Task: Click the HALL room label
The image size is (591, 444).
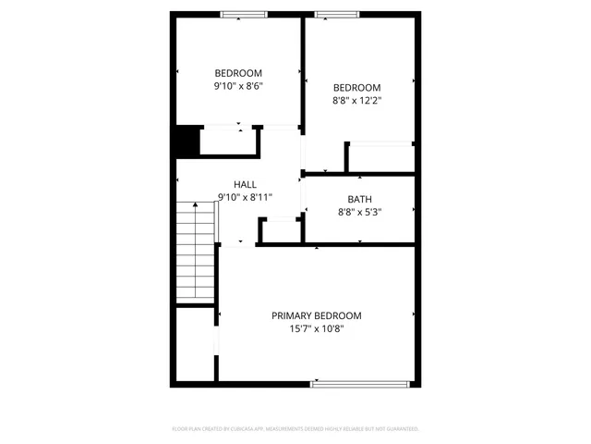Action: [x=245, y=184]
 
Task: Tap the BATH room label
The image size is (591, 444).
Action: [x=360, y=199]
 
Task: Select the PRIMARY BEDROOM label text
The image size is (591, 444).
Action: [x=316, y=315]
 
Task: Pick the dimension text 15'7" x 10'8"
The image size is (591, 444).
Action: [x=316, y=328]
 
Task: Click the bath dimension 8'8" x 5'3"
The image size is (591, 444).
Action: [x=360, y=212]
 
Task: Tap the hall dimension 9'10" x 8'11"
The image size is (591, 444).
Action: [x=245, y=197]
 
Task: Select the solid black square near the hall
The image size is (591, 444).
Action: [x=187, y=142]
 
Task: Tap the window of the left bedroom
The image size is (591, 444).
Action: [x=244, y=16]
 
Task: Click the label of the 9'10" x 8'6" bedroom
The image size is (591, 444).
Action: [x=238, y=73]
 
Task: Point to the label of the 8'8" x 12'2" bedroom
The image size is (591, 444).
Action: [x=356, y=88]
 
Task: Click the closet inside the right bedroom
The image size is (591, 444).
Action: [x=380, y=158]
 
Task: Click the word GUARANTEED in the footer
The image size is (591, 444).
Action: [x=400, y=429]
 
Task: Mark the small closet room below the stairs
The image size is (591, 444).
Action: [x=194, y=344]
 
